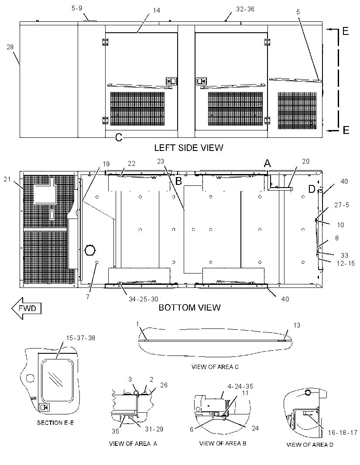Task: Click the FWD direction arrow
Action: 26,308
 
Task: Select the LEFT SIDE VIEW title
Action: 189,148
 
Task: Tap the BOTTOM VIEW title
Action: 189,307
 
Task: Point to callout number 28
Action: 10,47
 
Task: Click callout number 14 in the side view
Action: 156,10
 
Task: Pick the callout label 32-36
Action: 245,9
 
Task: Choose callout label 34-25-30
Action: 143,299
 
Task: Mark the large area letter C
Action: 119,137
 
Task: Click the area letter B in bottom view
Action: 178,181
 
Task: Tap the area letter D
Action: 312,189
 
